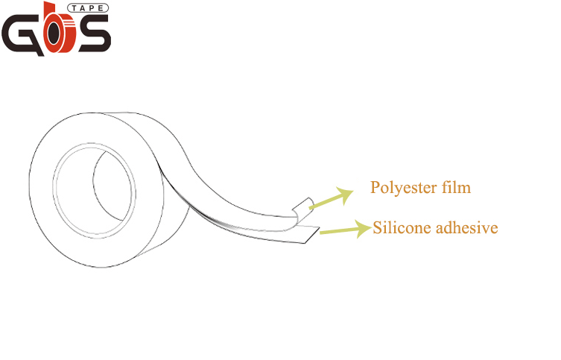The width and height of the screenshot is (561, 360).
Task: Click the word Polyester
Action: tap(402, 188)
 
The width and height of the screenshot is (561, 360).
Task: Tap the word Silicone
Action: tap(400, 228)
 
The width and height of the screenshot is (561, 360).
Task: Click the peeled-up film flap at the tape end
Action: tap(302, 209)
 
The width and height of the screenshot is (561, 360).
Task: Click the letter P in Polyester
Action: tap(375, 187)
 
